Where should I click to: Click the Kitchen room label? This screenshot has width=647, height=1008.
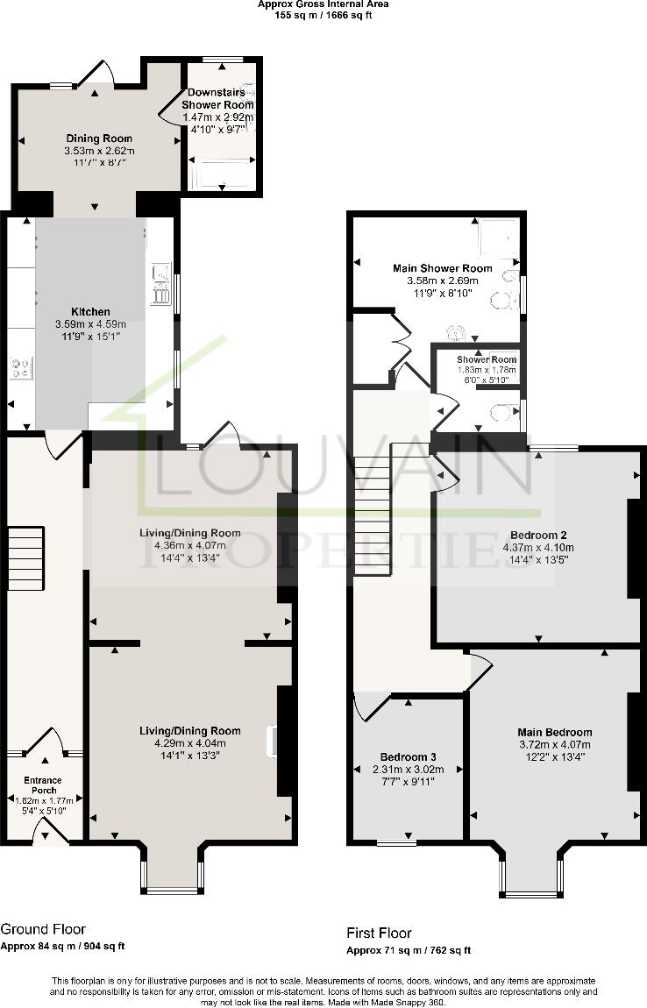point(91,311)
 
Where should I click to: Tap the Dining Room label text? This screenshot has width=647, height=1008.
point(99,138)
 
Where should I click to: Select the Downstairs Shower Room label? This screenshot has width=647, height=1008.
point(218,99)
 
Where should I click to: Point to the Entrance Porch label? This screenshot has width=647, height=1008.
point(43,785)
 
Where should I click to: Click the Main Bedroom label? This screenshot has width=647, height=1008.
point(554,732)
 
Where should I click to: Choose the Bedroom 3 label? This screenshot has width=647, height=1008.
point(409,756)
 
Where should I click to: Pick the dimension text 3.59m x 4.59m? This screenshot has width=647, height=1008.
point(90,323)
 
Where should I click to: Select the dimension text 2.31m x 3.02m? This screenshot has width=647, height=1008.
point(409,770)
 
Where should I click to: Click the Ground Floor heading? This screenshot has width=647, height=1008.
point(43,928)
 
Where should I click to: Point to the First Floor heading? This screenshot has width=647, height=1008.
point(380,933)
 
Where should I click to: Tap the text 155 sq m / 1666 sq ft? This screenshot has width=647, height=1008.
point(323,15)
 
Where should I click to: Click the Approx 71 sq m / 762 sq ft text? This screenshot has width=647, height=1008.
point(409,950)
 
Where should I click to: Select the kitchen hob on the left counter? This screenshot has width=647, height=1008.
point(20,366)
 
